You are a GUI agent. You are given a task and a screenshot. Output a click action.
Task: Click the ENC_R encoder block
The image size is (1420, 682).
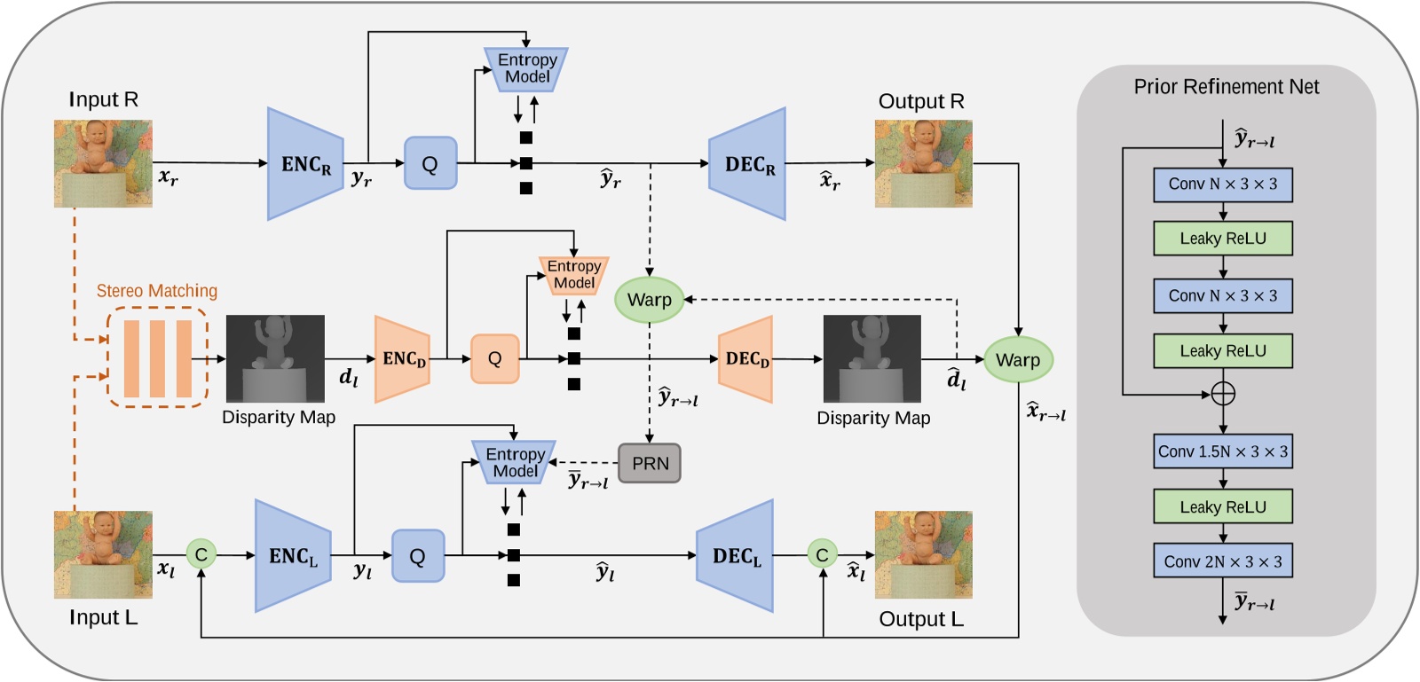tap(304, 164)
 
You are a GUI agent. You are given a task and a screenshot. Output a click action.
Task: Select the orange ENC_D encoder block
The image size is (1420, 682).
tap(403, 359)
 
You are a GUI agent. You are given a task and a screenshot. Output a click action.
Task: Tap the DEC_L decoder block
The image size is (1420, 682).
tap(735, 556)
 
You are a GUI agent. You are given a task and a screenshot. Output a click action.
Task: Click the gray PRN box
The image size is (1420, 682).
tap(650, 463)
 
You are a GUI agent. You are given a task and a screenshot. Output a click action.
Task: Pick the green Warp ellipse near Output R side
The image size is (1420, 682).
tap(1017, 360)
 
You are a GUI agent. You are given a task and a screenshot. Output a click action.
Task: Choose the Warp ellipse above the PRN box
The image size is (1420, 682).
tap(649, 300)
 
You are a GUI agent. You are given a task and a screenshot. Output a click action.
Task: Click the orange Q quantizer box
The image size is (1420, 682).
tap(494, 359)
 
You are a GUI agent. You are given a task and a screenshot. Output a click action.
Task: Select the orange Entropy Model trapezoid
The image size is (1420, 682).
tap(573, 275)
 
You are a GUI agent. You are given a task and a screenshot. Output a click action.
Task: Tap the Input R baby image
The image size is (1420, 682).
tap(103, 163)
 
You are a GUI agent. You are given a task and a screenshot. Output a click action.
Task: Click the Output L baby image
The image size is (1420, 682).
tap(923, 554)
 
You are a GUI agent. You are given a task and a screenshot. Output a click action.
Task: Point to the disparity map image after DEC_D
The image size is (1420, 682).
tap(872, 359)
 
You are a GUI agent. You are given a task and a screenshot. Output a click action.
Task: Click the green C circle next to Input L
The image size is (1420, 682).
tap(201, 555)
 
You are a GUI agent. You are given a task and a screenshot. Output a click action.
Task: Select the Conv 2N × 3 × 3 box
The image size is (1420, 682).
tap(1222, 561)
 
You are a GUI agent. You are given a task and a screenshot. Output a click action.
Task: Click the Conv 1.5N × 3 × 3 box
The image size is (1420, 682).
tap(1222, 451)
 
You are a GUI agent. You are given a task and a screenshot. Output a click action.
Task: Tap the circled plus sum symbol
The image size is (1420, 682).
tap(1222, 393)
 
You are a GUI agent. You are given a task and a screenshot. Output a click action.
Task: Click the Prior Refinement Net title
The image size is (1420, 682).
tap(1226, 87)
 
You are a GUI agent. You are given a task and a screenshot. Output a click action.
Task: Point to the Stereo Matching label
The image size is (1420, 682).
tap(156, 291)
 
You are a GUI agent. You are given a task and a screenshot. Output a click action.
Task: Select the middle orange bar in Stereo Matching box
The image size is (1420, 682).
tap(157, 358)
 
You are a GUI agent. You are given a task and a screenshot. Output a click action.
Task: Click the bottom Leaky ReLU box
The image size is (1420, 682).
tap(1222, 506)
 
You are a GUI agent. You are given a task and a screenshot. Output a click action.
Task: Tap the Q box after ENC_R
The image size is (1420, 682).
tap(430, 163)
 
